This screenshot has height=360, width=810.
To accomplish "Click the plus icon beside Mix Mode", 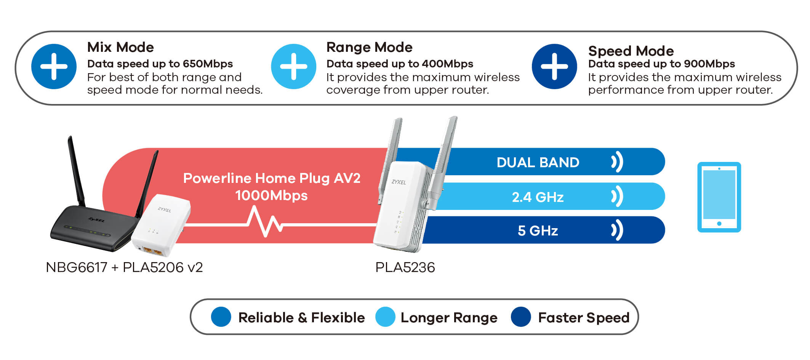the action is pos(54,67).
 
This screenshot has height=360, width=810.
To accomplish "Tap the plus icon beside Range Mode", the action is pos(293,67).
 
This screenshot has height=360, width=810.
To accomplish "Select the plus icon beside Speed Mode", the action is pos(554,67).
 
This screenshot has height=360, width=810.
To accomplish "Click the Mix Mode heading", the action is pos(120,47).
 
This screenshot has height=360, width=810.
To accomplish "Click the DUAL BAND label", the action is pos(538,162).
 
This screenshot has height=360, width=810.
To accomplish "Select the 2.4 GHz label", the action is pos(538,197).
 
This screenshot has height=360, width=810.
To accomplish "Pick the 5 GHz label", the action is pos(538,230).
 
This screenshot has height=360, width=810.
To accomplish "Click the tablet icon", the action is pos(719,197).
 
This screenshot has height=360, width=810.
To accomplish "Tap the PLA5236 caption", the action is pos(405,267).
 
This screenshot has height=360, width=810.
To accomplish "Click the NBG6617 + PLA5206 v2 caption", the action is pos(124,267).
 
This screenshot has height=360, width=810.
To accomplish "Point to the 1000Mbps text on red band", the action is pos(271,195).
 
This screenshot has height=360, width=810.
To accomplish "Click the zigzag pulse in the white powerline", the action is pos(265,221).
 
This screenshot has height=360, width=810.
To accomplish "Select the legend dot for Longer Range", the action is pos(385,317).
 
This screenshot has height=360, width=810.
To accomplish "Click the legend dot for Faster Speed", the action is pos(521,317).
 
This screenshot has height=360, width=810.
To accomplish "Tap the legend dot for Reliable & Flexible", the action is pos(221,317).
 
